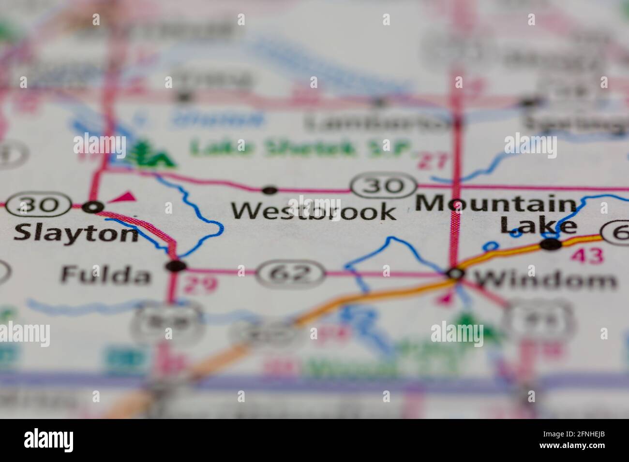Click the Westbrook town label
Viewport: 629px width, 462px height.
pos(313,211)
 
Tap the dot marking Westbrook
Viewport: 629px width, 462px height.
pos(270,190)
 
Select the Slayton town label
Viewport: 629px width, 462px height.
pos(76,234)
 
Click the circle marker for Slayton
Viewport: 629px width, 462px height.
pos(93,207)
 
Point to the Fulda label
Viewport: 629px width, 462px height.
pos(105,275)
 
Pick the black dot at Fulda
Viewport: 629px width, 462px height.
pos(176,266)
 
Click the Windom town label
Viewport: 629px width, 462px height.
pos(545,279)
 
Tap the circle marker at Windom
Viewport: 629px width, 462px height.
pos(455,274)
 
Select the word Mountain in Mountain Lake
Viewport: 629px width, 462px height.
pos(496,204)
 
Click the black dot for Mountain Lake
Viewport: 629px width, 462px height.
pos(551,245)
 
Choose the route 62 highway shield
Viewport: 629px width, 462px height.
pos(290,274)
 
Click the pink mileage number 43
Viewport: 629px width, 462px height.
pos(587,256)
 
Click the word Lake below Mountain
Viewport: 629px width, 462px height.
pos(538,225)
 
